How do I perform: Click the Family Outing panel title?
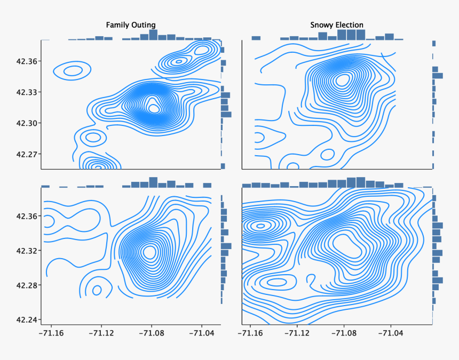pyautogui.click(x=131, y=25)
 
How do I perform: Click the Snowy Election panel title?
pyautogui.click(x=337, y=25)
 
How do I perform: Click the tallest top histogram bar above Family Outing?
pyautogui.click(x=153, y=35)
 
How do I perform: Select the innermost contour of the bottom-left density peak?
pyautogui.click(x=149, y=251)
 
